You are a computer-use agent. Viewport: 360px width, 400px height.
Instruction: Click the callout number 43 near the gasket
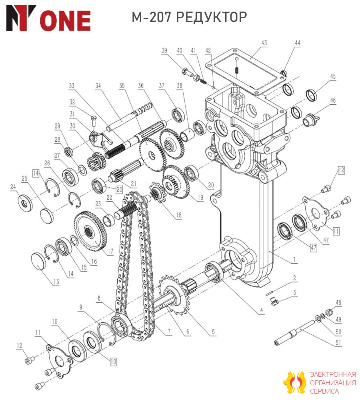(x=264, y=43)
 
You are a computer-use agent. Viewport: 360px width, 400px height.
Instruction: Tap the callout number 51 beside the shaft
(x=338, y=342)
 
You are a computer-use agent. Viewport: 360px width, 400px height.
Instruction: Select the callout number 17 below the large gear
(x=110, y=251)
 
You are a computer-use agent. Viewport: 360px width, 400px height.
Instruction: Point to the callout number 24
(x=13, y=187)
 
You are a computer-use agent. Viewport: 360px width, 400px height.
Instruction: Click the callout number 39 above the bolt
(x=164, y=50)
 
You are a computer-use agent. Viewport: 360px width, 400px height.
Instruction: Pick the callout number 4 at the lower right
(x=262, y=310)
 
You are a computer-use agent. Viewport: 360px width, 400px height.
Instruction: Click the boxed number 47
(x=314, y=248)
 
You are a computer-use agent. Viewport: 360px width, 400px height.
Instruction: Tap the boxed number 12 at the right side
(x=341, y=170)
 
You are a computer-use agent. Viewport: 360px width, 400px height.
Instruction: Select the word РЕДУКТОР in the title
(x=212, y=17)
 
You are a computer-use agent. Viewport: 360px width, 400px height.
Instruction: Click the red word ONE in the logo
(x=65, y=21)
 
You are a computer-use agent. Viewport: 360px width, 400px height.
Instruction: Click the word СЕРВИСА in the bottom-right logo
(x=324, y=391)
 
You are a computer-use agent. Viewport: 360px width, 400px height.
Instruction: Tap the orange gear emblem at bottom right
(x=295, y=382)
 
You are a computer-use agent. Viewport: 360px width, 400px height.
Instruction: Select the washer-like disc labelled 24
(x=25, y=203)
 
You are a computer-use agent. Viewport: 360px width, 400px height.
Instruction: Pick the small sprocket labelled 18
(x=158, y=192)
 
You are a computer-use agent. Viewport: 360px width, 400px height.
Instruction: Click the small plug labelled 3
(x=273, y=301)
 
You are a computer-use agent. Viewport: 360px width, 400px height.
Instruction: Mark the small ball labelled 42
(x=213, y=87)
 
